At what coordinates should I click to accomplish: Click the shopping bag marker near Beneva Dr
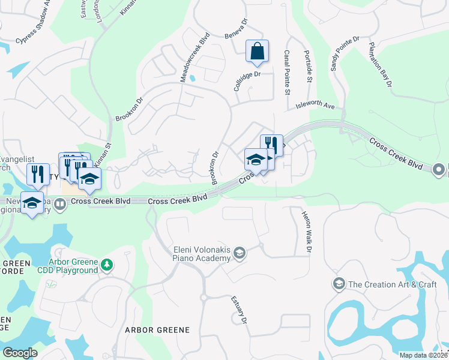tap(257, 52)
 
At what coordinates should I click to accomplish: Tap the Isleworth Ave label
tap(315, 106)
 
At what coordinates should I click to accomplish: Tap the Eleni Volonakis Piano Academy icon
tap(240, 253)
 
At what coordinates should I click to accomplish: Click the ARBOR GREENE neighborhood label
tap(157, 330)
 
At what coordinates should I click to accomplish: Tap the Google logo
tap(20, 352)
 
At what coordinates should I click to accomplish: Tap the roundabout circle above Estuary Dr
tap(203, 297)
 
